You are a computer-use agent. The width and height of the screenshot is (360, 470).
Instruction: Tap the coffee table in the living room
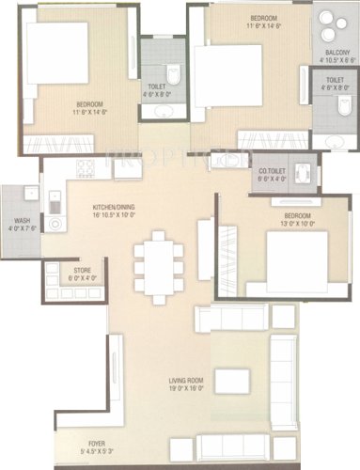(232, 381)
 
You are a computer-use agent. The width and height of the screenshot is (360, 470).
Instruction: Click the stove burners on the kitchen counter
(86, 169)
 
